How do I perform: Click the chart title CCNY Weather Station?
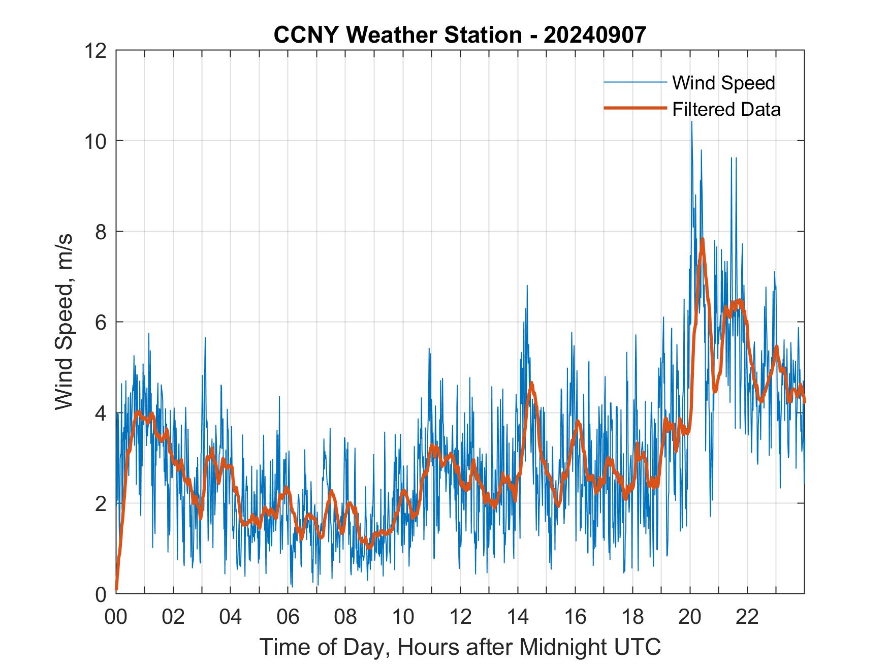(x=397, y=35)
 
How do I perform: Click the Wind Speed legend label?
(x=723, y=83)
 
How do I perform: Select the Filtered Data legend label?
(x=726, y=109)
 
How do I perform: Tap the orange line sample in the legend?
(x=635, y=108)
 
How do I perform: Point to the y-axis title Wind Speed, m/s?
(x=65, y=322)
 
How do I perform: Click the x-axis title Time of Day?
(x=460, y=647)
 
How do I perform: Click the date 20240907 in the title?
(x=594, y=35)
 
